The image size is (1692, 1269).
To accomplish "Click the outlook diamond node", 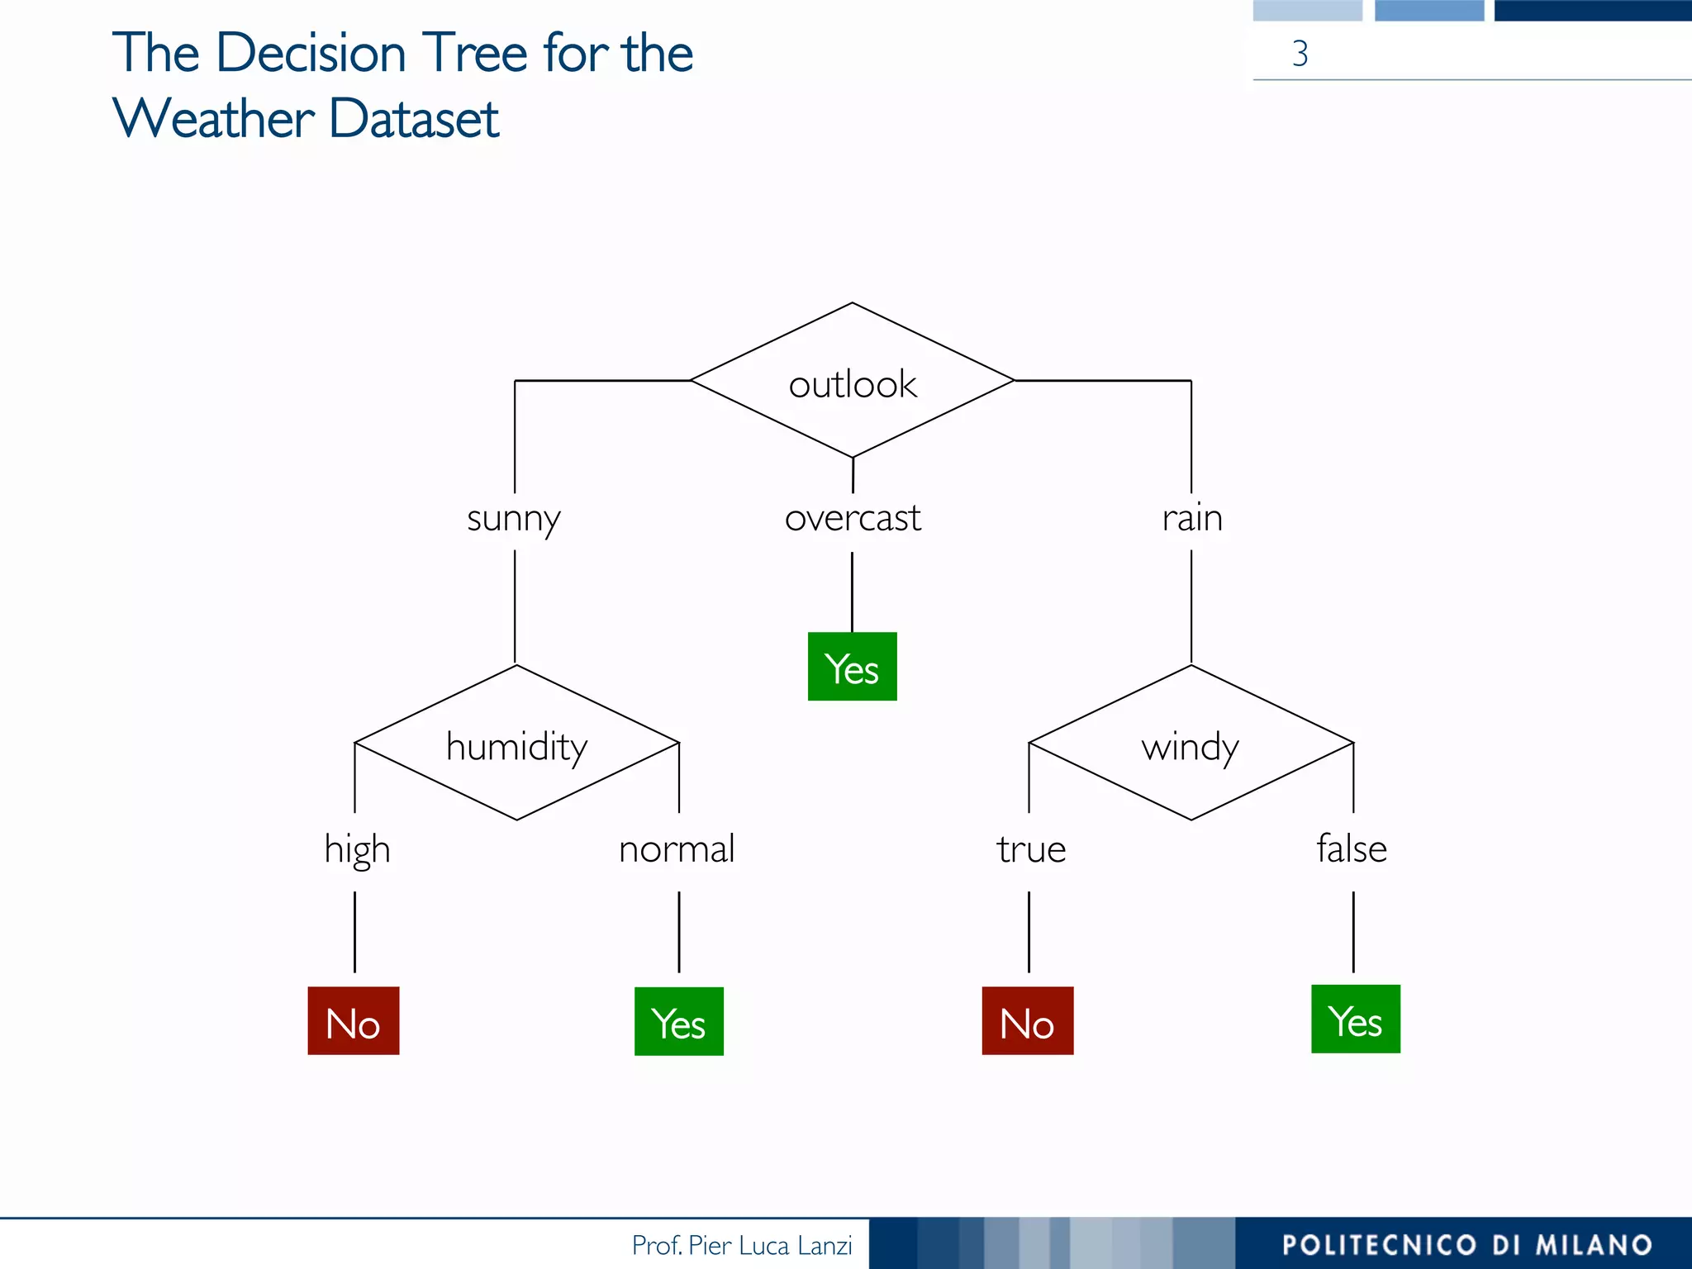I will [852, 381].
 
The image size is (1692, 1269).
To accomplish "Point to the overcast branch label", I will [852, 519].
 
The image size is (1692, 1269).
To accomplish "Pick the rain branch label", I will [1191, 519].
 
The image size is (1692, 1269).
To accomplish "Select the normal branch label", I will [677, 849].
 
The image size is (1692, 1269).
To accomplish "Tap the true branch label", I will [1030, 849].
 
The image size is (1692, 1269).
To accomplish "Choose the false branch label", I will [1352, 848].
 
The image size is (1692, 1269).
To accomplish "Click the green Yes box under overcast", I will [852, 667].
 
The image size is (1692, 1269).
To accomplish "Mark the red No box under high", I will [354, 1021].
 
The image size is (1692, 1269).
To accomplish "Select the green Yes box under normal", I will [678, 1022].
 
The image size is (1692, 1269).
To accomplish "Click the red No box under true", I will [1027, 1021].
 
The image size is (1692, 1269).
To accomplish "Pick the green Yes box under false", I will [1355, 1019].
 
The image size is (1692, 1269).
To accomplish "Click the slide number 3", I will [1300, 54].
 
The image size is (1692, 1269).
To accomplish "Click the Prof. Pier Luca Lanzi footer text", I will [741, 1245].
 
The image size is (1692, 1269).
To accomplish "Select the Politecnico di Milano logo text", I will [1466, 1245].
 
